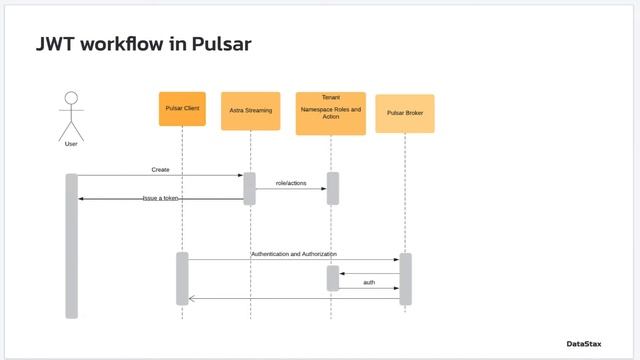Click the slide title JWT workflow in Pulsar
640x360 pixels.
(143, 44)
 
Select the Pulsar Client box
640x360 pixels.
(182, 109)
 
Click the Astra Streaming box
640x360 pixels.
(250, 111)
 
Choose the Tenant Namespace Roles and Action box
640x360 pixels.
(330, 113)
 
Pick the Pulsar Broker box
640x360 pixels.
(404, 114)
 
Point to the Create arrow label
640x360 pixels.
(160, 170)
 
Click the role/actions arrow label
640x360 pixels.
(291, 183)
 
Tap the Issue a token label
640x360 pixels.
(160, 198)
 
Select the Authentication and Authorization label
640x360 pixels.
(294, 254)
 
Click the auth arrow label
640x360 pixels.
(369, 282)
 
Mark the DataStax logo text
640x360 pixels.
(584, 344)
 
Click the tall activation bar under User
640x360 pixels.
(71, 246)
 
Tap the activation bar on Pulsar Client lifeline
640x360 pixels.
(182, 278)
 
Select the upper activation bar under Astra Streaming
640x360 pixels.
(250, 188)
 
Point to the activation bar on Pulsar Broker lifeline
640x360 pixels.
(405, 278)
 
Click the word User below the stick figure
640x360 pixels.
(70, 144)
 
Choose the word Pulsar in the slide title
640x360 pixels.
(215, 44)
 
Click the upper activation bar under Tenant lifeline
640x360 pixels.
(333, 188)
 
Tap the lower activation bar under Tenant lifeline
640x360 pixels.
(333, 278)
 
